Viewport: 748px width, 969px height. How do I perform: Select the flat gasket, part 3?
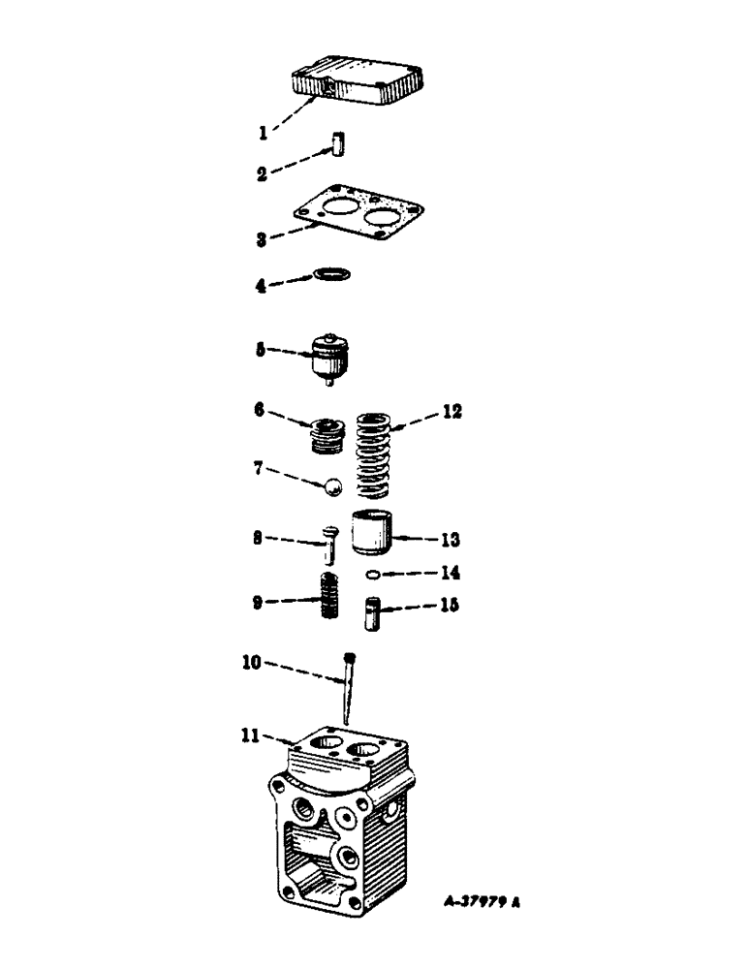point(358,218)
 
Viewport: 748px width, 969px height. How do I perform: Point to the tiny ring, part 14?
point(372,575)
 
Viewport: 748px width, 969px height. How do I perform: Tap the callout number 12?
point(448,412)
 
